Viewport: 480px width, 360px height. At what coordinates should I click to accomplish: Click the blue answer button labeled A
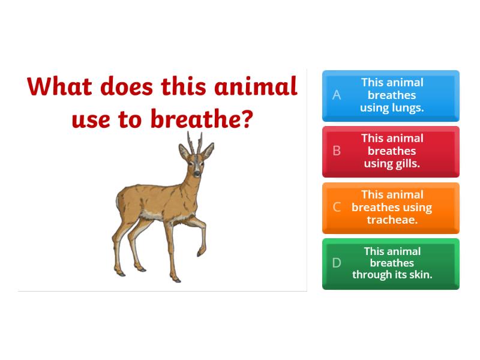[391, 95]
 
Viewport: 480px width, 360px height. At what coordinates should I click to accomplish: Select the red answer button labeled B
[391, 151]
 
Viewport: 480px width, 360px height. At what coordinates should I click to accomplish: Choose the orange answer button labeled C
[391, 208]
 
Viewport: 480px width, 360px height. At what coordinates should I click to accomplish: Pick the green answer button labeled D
[391, 263]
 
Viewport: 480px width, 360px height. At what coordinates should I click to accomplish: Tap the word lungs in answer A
[408, 108]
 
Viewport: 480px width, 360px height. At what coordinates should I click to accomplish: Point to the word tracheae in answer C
[392, 220]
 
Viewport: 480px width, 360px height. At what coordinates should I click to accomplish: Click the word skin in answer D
[420, 275]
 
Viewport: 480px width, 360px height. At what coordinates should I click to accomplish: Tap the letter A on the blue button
[337, 95]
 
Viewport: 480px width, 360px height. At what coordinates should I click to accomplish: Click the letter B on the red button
[337, 151]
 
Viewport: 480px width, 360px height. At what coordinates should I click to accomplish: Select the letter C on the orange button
[337, 208]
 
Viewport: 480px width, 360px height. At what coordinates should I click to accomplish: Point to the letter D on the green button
[337, 263]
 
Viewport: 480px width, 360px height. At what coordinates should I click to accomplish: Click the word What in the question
[60, 87]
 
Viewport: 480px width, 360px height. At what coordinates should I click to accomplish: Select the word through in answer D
[371, 275]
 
